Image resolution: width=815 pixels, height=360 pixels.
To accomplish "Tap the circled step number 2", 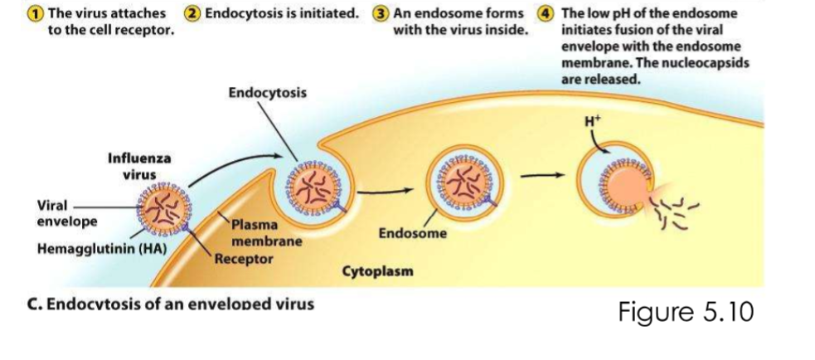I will coord(192,13).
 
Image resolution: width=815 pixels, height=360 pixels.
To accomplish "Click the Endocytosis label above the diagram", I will coord(267,92).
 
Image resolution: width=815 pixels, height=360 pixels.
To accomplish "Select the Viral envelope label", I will coord(67,214).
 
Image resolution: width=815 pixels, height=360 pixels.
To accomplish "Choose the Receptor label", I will coord(244,258).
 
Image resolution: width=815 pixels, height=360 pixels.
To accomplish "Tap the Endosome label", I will coord(412,234).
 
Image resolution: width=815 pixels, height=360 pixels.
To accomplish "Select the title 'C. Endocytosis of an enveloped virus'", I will coord(172,304).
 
